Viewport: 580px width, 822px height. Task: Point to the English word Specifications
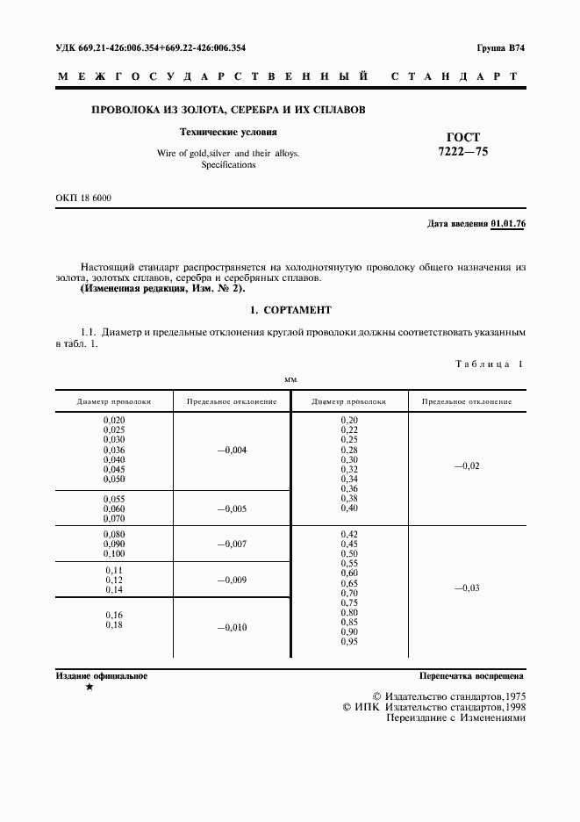228,164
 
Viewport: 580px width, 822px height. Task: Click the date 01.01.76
508,224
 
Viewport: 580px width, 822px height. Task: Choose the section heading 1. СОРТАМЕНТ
290,310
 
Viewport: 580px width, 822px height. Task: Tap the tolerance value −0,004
232,450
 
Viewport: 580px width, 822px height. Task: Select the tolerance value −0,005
232,508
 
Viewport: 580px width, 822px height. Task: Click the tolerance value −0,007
232,544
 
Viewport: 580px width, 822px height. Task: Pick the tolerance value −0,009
232,580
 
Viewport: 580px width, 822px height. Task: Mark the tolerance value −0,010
232,627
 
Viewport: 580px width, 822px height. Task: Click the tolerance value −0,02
466,465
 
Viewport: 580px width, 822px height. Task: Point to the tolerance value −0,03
466,588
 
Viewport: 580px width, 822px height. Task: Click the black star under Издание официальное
90,688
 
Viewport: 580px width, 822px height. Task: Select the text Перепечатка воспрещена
471,677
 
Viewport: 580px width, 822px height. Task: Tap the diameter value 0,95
348,642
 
